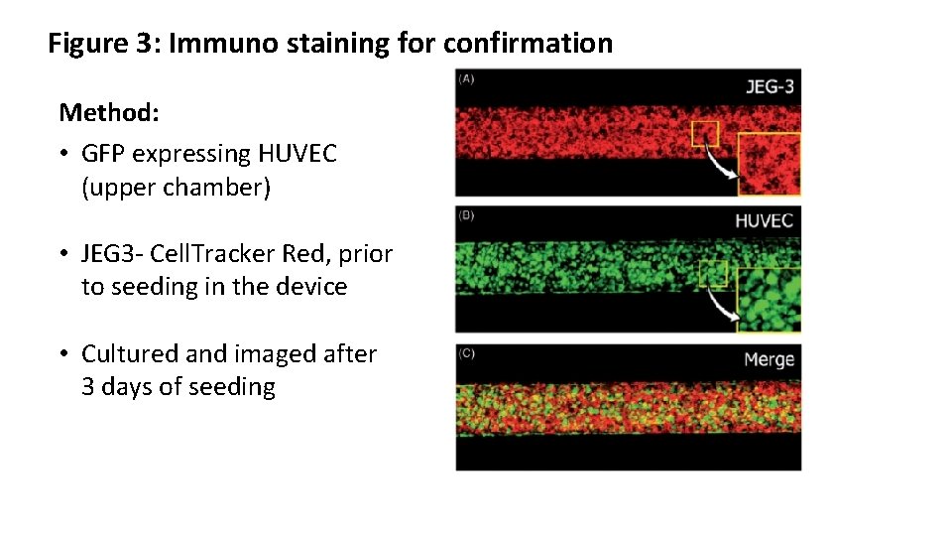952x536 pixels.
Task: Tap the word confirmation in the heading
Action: click(x=528, y=44)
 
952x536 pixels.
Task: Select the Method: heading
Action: click(x=109, y=112)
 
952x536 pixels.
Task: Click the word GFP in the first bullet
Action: click(x=104, y=154)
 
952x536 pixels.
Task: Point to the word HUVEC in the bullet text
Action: click(x=297, y=154)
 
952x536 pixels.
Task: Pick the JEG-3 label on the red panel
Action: click(x=770, y=87)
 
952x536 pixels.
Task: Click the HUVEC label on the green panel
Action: click(x=764, y=219)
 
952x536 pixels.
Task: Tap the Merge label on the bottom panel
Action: click(x=769, y=359)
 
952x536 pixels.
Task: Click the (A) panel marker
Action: click(x=466, y=79)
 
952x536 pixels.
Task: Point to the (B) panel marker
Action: click(x=466, y=213)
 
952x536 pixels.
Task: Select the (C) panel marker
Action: click(x=466, y=352)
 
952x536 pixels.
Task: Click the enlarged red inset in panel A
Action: click(x=770, y=163)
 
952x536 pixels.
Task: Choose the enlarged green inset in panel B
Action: click(x=770, y=300)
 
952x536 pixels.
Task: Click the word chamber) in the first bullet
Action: click(x=176, y=188)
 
